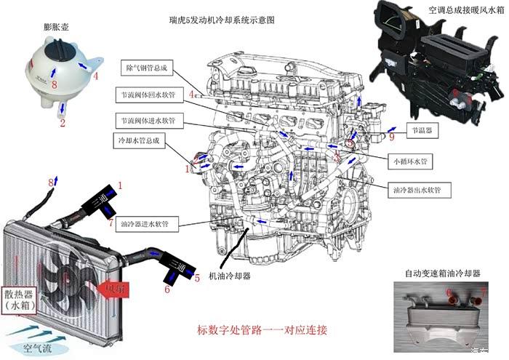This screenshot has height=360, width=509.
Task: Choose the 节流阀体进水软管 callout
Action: tap(152, 118)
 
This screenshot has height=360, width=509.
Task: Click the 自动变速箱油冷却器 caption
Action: tap(443, 274)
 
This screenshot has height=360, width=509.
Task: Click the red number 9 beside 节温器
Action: tap(391, 136)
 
